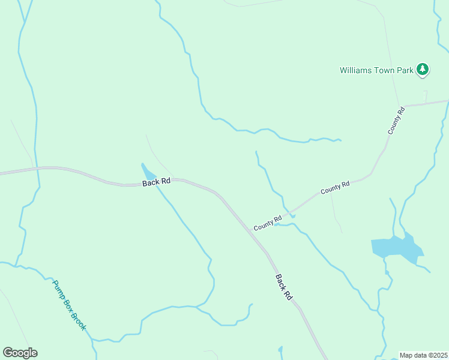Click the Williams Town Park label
376,70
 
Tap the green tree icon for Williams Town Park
423,70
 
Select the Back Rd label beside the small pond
156,181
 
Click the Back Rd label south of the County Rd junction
284,287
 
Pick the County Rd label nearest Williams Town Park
396,119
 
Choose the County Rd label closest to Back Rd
267,224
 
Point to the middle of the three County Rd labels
335,188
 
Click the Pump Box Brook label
70,305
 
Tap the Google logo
20,353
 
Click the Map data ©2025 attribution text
423,355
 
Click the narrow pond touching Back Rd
146,173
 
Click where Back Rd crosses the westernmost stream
37,169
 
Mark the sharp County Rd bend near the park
403,106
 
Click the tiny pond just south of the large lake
387,273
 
